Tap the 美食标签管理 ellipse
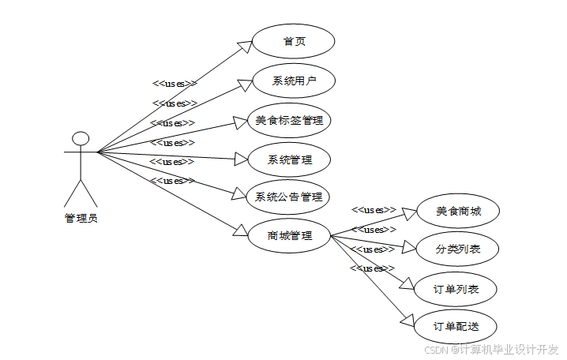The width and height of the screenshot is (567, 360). pos(289,121)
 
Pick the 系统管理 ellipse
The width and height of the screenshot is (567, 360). pos(289,159)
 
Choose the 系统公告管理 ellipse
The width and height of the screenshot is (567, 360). pos(288,197)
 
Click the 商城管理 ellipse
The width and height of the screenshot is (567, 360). pos(289,235)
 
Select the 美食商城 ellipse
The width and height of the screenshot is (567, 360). pos(458,212)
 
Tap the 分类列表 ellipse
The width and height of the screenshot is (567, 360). pos(457,250)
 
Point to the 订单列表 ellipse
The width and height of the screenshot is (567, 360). pos(456,289)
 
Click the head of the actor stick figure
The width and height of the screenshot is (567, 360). pos(80,139)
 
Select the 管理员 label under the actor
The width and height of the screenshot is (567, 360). pos(81,218)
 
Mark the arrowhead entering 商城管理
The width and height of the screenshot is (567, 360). pos(241,231)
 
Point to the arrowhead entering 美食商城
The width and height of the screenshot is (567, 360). pos(409,212)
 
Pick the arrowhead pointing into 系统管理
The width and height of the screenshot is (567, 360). pos(241,159)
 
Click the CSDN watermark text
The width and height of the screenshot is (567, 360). pos(491,349)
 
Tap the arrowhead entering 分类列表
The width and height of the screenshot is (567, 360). pos(408,248)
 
